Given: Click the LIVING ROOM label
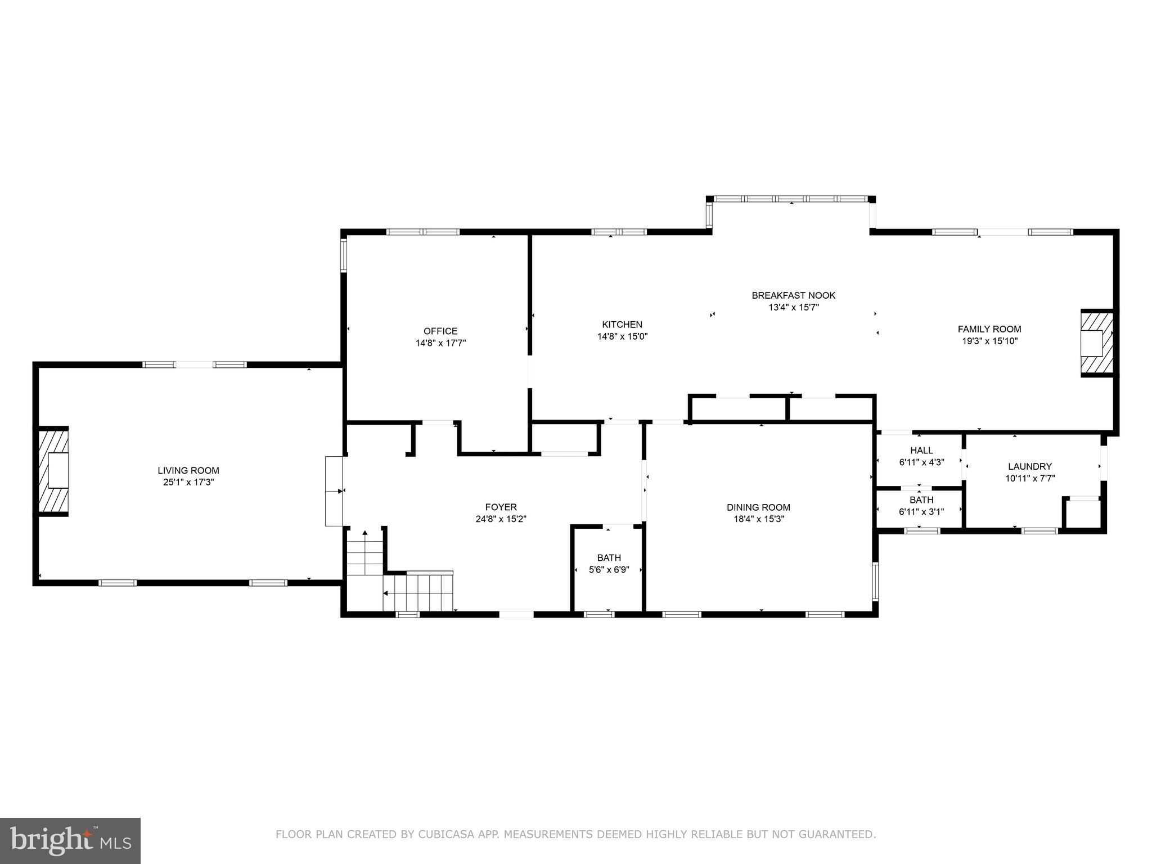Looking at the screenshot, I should (188, 470).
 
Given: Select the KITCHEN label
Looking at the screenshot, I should (622, 325).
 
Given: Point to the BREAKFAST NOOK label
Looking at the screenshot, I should (793, 295).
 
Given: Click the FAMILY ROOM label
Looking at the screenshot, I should (989, 329).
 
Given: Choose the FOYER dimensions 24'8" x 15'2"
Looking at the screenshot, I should (501, 519).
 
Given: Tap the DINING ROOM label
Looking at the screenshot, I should (758, 507).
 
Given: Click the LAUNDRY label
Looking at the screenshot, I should (1029, 466).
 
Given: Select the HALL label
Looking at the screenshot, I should (921, 451).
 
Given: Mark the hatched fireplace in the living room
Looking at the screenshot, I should (53, 471).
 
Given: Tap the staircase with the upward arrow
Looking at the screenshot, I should (365, 552).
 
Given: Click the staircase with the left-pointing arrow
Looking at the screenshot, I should (419, 592).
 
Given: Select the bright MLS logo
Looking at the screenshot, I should (70, 841).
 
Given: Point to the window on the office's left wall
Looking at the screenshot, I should (344, 254).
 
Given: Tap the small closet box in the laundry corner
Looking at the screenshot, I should (1083, 513).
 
